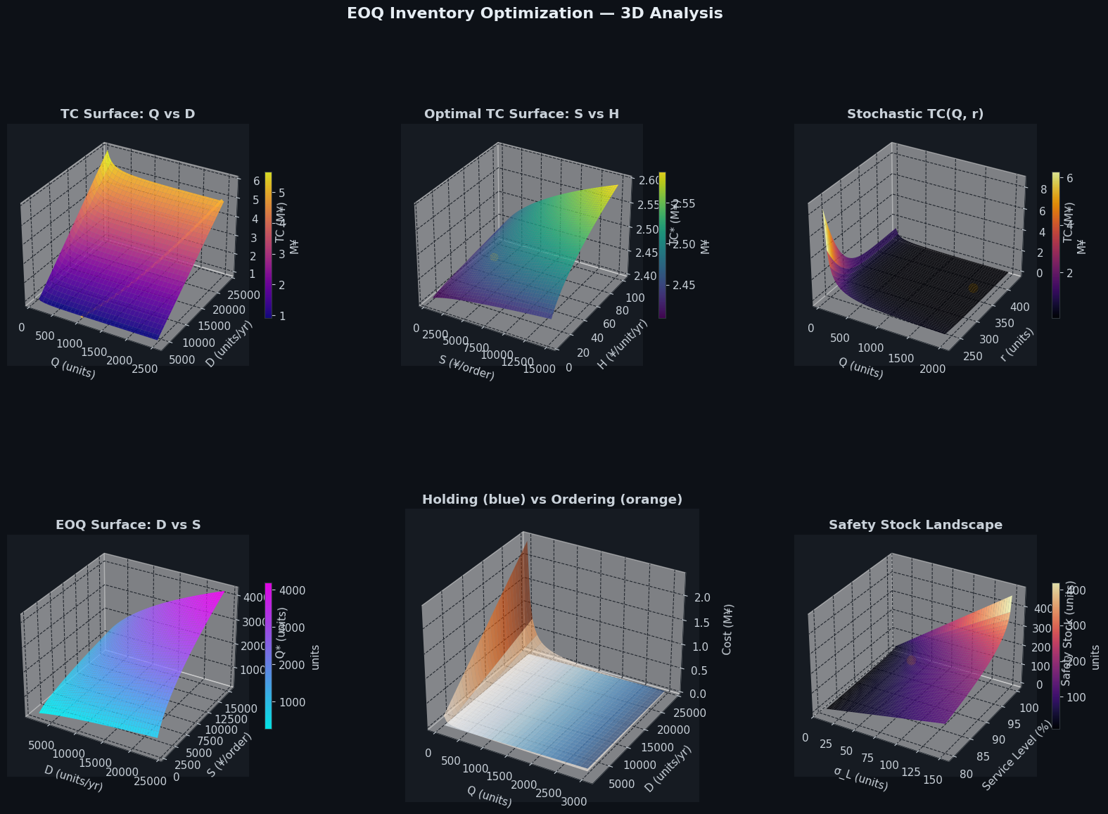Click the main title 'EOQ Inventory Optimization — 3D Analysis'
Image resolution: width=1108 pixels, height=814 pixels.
click(535, 13)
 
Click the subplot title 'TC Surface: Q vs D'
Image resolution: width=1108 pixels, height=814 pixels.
click(128, 114)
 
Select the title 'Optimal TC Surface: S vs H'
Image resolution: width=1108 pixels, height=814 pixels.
click(521, 114)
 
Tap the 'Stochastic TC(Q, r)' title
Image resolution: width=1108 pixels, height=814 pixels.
click(915, 114)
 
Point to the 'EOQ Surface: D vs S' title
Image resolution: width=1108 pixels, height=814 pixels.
click(128, 525)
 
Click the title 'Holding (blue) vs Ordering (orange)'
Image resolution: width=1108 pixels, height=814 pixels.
click(552, 500)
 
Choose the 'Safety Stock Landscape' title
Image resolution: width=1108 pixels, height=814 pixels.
click(915, 525)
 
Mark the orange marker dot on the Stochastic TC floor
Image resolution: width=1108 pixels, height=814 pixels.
click(973, 288)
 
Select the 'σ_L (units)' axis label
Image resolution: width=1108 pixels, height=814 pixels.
click(860, 777)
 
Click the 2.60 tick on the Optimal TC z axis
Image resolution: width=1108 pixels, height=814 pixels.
click(649, 180)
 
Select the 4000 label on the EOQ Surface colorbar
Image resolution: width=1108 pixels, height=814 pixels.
click(293, 590)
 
